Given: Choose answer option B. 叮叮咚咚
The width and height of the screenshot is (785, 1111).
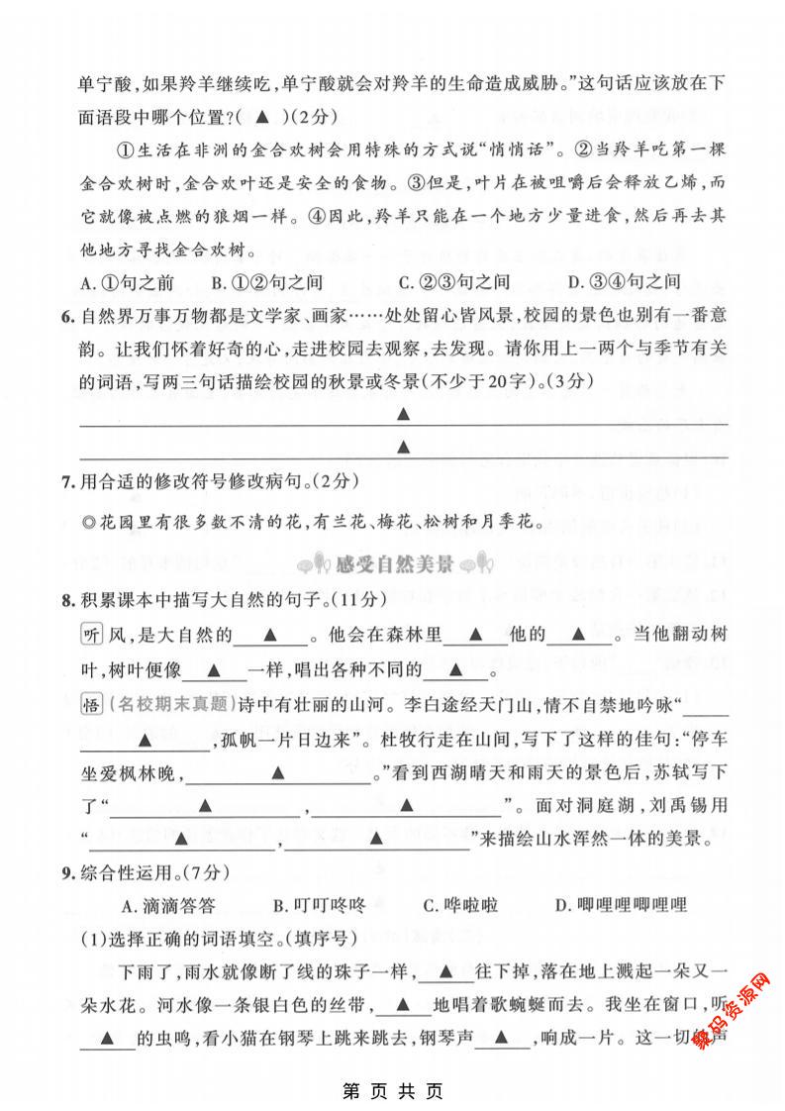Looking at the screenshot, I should [x=318, y=904].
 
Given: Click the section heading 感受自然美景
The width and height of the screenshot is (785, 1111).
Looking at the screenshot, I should [x=392, y=565].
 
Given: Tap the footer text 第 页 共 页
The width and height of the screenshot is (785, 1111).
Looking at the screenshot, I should [x=392, y=1090].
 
